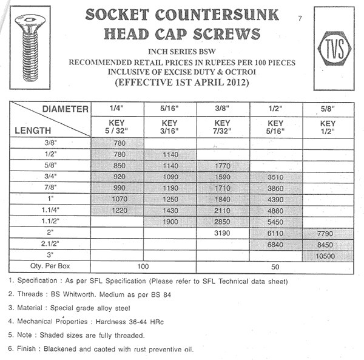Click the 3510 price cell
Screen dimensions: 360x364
(275, 177)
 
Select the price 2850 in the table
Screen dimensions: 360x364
(224, 222)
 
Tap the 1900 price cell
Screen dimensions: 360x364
(170, 222)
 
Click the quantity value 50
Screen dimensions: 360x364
(275, 267)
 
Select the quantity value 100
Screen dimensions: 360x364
(144, 267)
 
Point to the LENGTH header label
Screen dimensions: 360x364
(31, 129)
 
